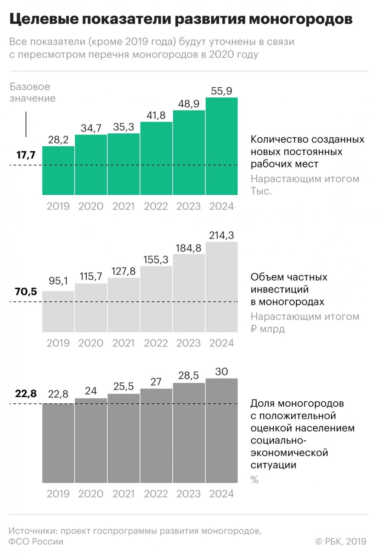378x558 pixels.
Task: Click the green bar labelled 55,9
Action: (x=222, y=146)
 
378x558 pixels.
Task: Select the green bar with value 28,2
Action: (x=58, y=171)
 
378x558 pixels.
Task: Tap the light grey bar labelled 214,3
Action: (x=222, y=287)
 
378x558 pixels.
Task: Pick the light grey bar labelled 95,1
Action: (x=58, y=312)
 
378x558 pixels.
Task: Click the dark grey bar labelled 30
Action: (x=222, y=431)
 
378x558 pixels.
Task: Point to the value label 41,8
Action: (x=156, y=115)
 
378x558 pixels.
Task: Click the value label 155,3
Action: (x=156, y=260)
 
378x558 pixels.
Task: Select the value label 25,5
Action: (x=124, y=387)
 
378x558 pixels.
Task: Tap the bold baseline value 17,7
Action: (x=26, y=155)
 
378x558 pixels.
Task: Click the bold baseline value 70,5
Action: (x=26, y=292)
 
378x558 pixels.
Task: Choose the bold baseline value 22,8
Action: (x=26, y=394)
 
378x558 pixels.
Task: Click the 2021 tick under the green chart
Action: (x=124, y=206)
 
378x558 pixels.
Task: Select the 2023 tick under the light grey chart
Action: (x=188, y=343)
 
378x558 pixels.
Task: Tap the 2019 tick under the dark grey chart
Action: (x=58, y=494)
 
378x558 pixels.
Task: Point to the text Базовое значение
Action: (x=32, y=93)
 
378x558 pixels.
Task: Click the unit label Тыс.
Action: (x=261, y=191)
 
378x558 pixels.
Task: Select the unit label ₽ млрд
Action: (x=268, y=329)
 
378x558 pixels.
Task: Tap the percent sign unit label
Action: (x=254, y=480)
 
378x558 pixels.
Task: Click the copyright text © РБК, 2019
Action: (x=341, y=542)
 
